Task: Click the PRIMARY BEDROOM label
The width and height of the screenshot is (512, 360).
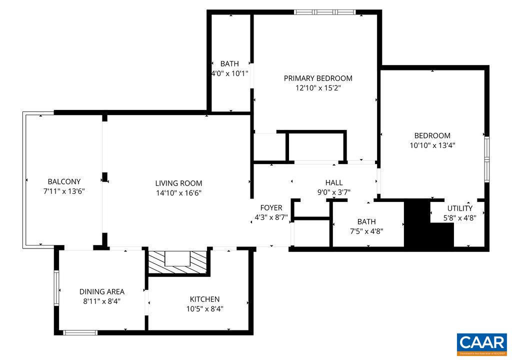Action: (x=318, y=78)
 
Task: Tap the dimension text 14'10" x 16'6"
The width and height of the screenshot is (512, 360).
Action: (x=178, y=192)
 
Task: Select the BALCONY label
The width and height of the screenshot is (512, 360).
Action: (x=64, y=181)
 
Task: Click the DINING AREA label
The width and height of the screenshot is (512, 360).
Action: (x=102, y=291)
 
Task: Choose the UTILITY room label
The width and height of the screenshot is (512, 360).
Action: (x=459, y=208)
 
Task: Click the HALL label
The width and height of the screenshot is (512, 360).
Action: (x=334, y=182)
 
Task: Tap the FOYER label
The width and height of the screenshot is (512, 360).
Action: (x=271, y=207)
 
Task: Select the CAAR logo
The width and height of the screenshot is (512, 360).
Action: (x=481, y=343)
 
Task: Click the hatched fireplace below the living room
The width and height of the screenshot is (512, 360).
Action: (x=177, y=261)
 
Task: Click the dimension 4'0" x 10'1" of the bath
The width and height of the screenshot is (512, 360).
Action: (x=229, y=73)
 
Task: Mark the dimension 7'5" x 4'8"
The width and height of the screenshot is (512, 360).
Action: (x=366, y=231)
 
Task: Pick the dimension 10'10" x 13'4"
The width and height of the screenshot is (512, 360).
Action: (x=432, y=145)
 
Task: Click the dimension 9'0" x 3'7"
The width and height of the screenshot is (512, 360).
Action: (x=334, y=191)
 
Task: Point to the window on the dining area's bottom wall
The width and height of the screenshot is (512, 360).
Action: (x=80, y=331)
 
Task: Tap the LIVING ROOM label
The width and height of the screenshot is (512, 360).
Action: (x=178, y=183)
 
